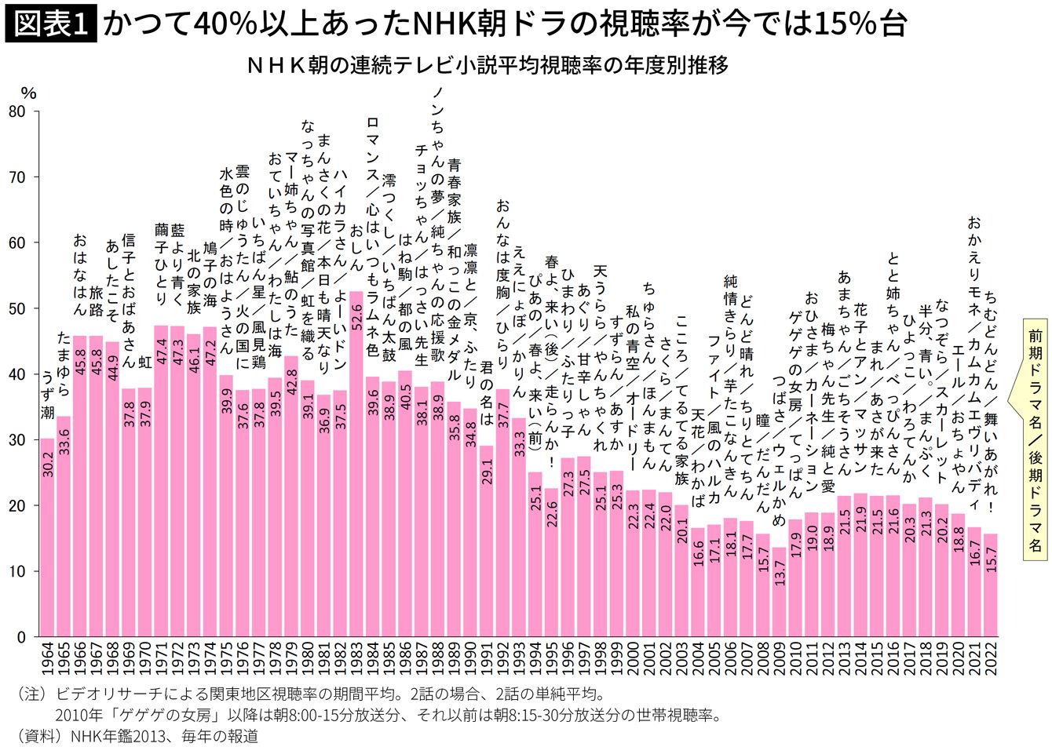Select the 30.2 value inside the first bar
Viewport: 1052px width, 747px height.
click(x=47, y=462)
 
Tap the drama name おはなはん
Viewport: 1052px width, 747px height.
click(x=79, y=274)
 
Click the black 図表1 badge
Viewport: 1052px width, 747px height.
click(x=51, y=24)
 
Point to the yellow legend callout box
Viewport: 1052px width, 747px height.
click(x=1035, y=439)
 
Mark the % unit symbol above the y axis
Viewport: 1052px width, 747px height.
click(x=28, y=93)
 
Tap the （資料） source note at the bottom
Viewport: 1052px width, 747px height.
click(x=137, y=736)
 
